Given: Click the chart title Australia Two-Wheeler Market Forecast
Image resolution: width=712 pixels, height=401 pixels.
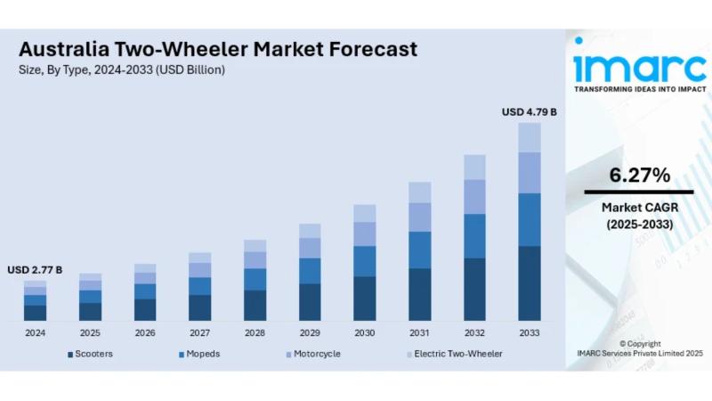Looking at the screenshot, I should pos(218,49).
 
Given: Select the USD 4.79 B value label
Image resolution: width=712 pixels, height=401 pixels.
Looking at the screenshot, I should pos(530,112).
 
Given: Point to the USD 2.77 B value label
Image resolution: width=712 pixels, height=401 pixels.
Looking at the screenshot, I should pos(35,269).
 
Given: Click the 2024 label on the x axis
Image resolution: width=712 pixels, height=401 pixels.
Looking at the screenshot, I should pos(35,332).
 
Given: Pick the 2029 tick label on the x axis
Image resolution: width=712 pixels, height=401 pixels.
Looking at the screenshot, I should pos(310,332).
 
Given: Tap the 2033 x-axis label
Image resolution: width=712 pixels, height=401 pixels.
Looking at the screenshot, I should pos(530,332).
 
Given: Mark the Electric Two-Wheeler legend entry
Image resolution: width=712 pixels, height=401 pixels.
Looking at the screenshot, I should pos(454,354).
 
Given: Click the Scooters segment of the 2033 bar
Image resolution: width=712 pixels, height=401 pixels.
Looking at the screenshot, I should pos(530,283).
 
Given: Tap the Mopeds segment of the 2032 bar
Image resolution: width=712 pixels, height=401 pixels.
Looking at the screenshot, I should pos(474,236).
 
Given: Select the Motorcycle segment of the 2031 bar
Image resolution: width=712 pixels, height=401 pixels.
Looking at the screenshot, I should pos(419,217).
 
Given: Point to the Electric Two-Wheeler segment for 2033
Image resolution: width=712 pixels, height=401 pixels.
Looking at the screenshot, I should pos(530,137).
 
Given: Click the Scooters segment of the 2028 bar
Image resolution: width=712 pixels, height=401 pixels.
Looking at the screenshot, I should pos(255,305).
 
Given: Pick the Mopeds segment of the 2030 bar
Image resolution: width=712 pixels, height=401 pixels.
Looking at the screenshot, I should pos(365,261).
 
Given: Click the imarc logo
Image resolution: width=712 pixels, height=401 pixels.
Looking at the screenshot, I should pos(639,66).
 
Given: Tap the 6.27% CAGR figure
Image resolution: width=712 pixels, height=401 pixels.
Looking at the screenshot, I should pos(639,176).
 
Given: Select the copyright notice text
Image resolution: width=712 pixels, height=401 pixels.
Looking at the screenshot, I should pos(639,348).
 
